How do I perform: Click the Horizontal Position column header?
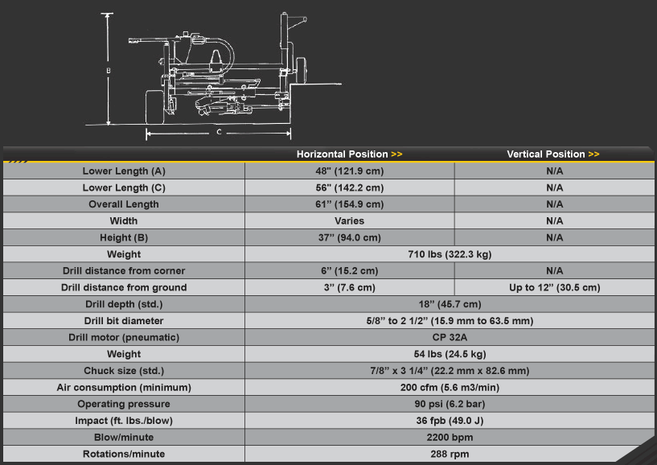(x=350, y=154)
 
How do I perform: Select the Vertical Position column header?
(x=553, y=154)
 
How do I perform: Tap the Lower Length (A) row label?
(x=124, y=171)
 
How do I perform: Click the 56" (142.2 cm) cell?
(x=350, y=187)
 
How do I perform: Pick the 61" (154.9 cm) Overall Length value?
(x=350, y=204)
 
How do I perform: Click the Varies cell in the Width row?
(x=350, y=221)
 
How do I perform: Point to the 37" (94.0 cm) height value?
(x=350, y=238)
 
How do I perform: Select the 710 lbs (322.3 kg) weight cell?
(x=450, y=254)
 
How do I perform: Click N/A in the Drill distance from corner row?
(x=554, y=271)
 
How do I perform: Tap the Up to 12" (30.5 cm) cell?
(x=554, y=288)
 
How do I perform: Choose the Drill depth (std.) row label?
(x=124, y=304)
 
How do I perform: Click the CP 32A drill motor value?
(x=450, y=338)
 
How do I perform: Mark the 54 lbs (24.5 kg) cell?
(x=450, y=354)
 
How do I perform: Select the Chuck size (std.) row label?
(x=124, y=371)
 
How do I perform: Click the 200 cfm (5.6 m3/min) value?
(x=450, y=388)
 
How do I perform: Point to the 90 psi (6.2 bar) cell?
(x=450, y=404)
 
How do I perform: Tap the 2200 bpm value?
(x=450, y=438)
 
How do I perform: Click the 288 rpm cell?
(x=450, y=454)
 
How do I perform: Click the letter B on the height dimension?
(x=109, y=71)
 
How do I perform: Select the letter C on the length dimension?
(x=219, y=132)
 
